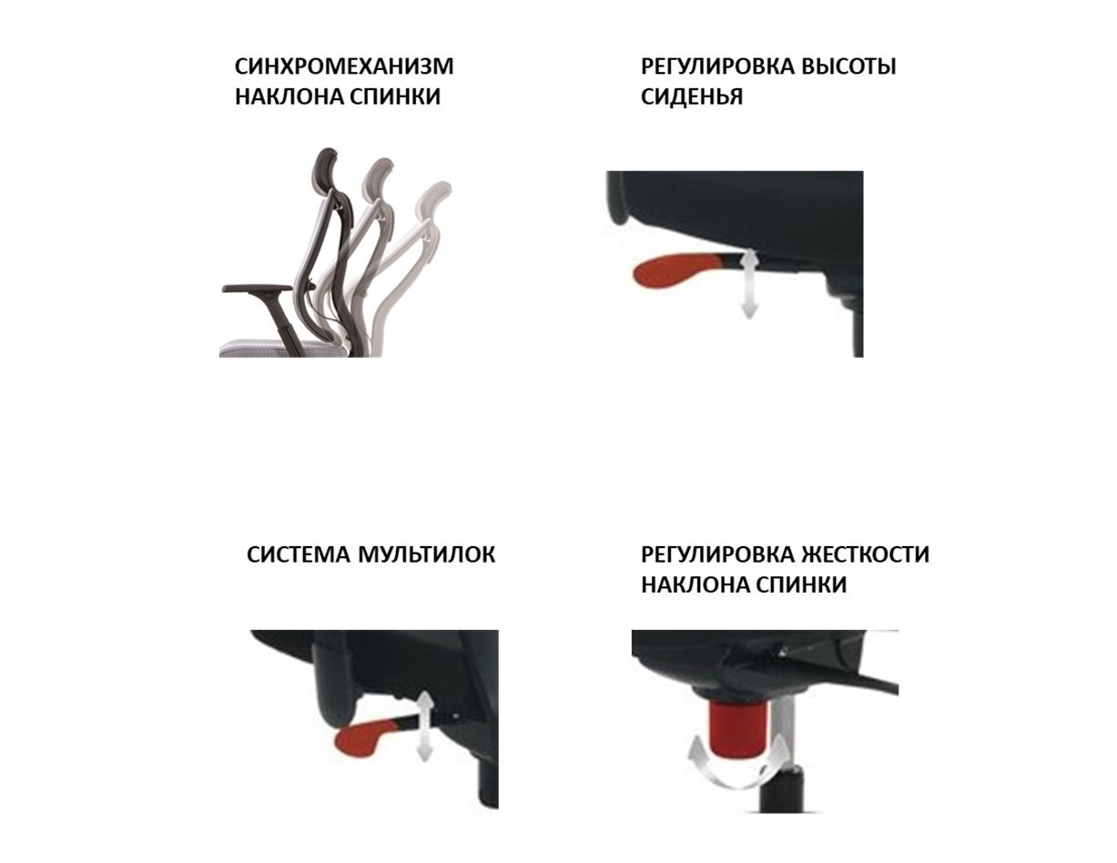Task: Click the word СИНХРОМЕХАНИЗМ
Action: click(x=344, y=66)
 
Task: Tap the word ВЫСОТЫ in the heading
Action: click(x=848, y=66)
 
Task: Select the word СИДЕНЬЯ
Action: click(x=691, y=96)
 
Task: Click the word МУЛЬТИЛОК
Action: click(x=426, y=554)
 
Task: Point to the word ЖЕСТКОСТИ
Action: click(x=865, y=554)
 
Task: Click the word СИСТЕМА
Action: click(x=299, y=554)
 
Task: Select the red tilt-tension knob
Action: click(x=738, y=726)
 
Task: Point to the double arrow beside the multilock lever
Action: click(x=424, y=726)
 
